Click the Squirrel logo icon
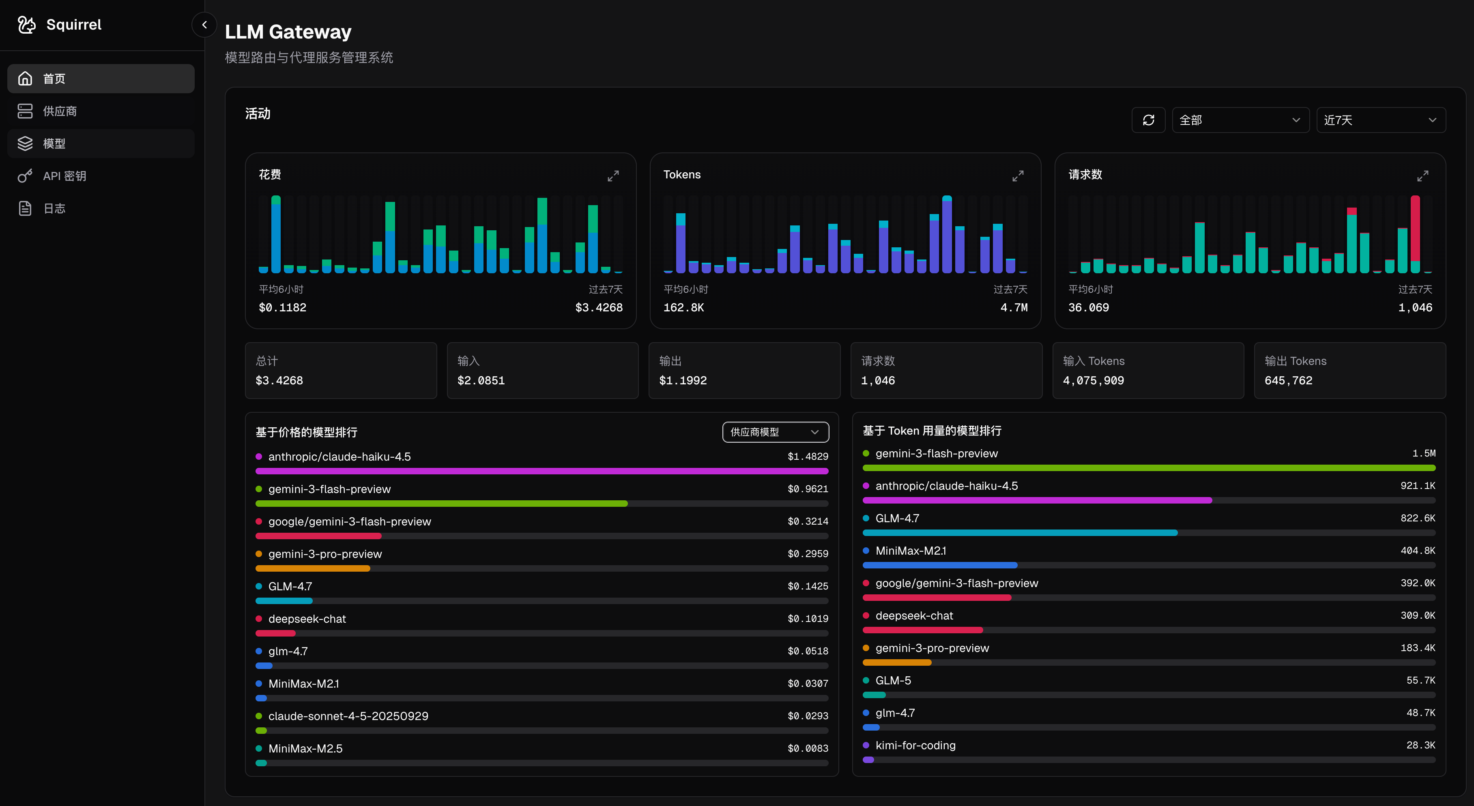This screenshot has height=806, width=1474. (26, 25)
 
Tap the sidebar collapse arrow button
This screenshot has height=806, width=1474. (204, 25)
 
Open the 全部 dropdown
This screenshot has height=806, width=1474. (1240, 120)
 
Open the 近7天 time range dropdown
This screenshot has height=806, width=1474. (1380, 120)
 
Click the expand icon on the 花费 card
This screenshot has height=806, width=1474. (613, 176)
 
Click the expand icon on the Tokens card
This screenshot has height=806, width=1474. (1017, 176)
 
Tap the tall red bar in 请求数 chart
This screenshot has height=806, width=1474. (1415, 229)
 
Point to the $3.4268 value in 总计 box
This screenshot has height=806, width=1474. (279, 380)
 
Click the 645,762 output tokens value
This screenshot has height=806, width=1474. (1288, 380)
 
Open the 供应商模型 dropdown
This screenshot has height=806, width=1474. (776, 432)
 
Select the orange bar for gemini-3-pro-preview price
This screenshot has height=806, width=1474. (312, 568)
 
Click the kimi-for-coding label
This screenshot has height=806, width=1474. (915, 745)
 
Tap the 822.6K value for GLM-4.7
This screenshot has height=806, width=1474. (1417, 518)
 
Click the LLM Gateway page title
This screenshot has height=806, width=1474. (288, 32)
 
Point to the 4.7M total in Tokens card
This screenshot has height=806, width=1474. (1013, 308)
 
